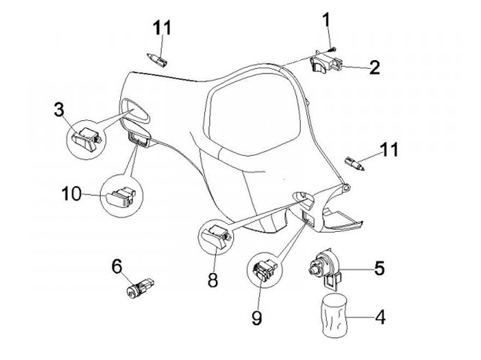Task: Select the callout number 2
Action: pos(374,67)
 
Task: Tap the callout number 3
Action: pos(59,109)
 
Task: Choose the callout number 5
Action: pos(379,268)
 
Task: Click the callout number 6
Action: pos(117,266)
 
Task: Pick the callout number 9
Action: pos(257,319)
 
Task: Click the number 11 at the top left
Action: pos(162,28)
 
